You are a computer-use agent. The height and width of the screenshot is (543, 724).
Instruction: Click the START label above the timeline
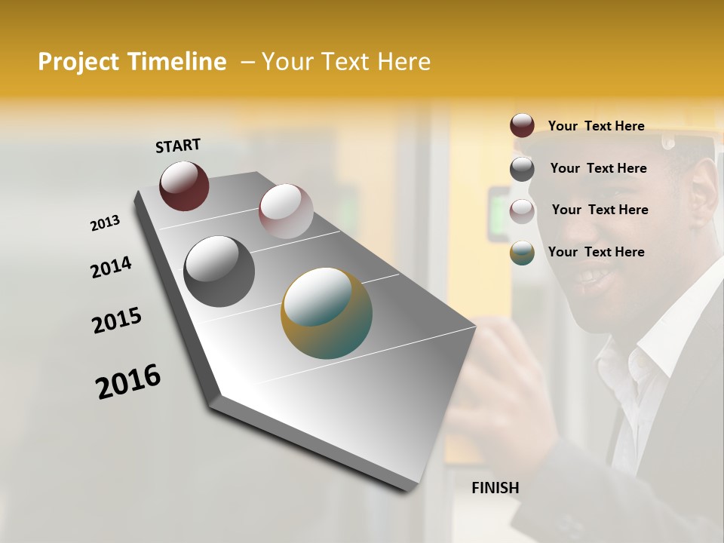point(178,146)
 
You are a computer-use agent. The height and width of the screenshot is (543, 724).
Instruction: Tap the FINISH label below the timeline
point(495,488)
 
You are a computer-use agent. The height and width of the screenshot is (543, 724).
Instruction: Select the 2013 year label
point(105,223)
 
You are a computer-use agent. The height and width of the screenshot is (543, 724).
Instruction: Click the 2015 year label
point(117,321)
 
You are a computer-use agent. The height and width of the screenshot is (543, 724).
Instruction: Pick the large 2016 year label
point(128,382)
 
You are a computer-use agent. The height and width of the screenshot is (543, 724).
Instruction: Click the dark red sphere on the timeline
point(184,186)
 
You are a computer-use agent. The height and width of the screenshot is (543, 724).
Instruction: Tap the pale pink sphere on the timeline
point(286,210)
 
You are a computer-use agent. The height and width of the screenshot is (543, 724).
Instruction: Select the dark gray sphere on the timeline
point(219,271)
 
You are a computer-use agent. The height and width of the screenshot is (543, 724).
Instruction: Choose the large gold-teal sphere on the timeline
point(327,313)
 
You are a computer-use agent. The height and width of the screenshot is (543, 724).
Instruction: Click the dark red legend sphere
point(522,125)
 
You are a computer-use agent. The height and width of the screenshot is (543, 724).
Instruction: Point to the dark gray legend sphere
point(522,169)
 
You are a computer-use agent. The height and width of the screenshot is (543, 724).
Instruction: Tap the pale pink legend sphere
point(522,211)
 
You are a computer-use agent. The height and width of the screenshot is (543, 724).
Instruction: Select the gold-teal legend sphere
point(522,253)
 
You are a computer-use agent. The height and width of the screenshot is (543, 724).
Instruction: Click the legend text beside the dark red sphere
point(596,126)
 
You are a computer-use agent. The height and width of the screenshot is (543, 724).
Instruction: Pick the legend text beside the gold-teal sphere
point(596,252)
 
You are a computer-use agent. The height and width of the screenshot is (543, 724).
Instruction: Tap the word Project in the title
point(78,62)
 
